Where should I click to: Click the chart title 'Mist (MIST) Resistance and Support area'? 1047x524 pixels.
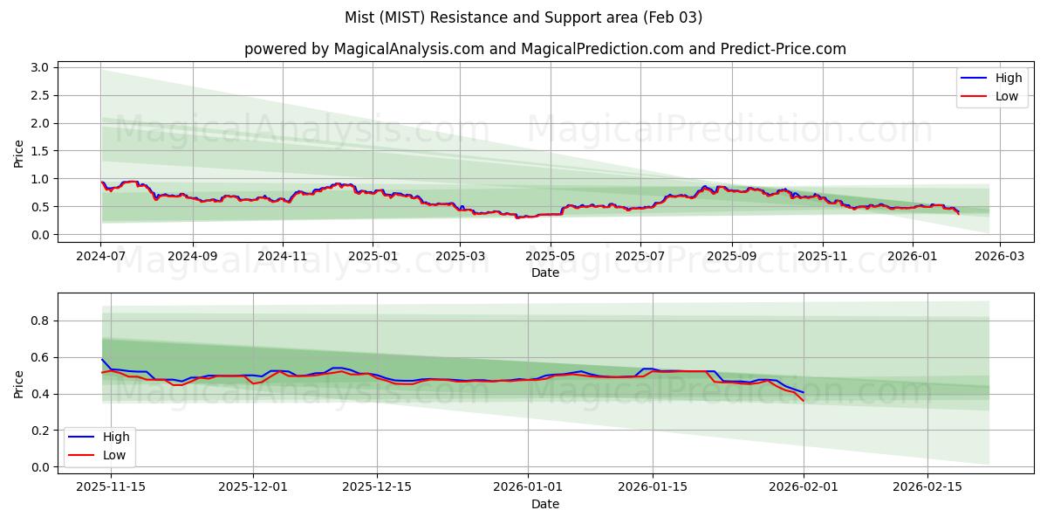coord(523,17)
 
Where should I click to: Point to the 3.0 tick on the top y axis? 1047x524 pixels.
coord(40,67)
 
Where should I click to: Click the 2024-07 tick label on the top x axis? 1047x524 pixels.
coord(101,257)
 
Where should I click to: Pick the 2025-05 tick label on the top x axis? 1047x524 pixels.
coord(550,257)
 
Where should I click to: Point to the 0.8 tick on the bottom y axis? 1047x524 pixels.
coord(40,321)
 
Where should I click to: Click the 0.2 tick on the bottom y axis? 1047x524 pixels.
coord(40,431)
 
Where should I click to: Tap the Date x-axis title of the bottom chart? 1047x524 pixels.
coord(544,504)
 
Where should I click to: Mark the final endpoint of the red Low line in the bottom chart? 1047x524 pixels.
coord(804,401)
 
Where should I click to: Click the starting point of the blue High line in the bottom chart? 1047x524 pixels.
coord(102,359)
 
